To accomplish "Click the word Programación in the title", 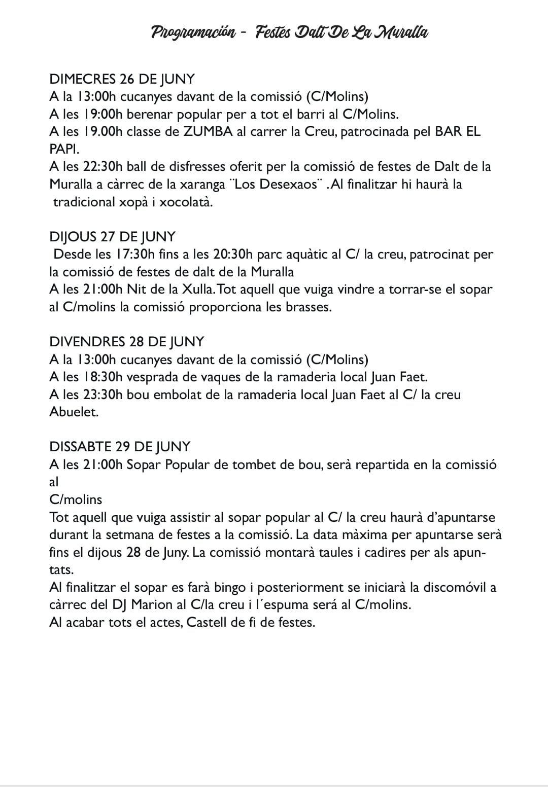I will tap(193, 33).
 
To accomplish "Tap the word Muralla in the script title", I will tap(400, 33).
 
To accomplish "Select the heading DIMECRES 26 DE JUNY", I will tap(122, 79).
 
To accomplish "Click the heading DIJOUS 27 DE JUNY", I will tap(112, 237).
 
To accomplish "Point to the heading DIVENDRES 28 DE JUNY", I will tap(126, 342).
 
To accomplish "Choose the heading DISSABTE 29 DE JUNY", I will tap(120, 447).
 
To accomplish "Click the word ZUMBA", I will tap(208, 132).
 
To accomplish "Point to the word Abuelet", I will tap(74, 412).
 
